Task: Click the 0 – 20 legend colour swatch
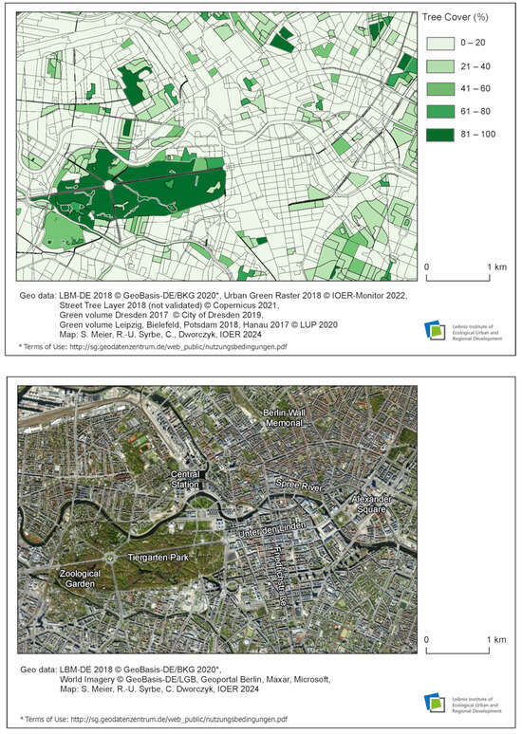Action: [441, 44]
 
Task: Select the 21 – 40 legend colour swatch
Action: [441, 67]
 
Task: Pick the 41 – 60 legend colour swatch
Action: [441, 90]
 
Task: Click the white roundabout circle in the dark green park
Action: [110, 186]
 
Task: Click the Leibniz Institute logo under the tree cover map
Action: [437, 329]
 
